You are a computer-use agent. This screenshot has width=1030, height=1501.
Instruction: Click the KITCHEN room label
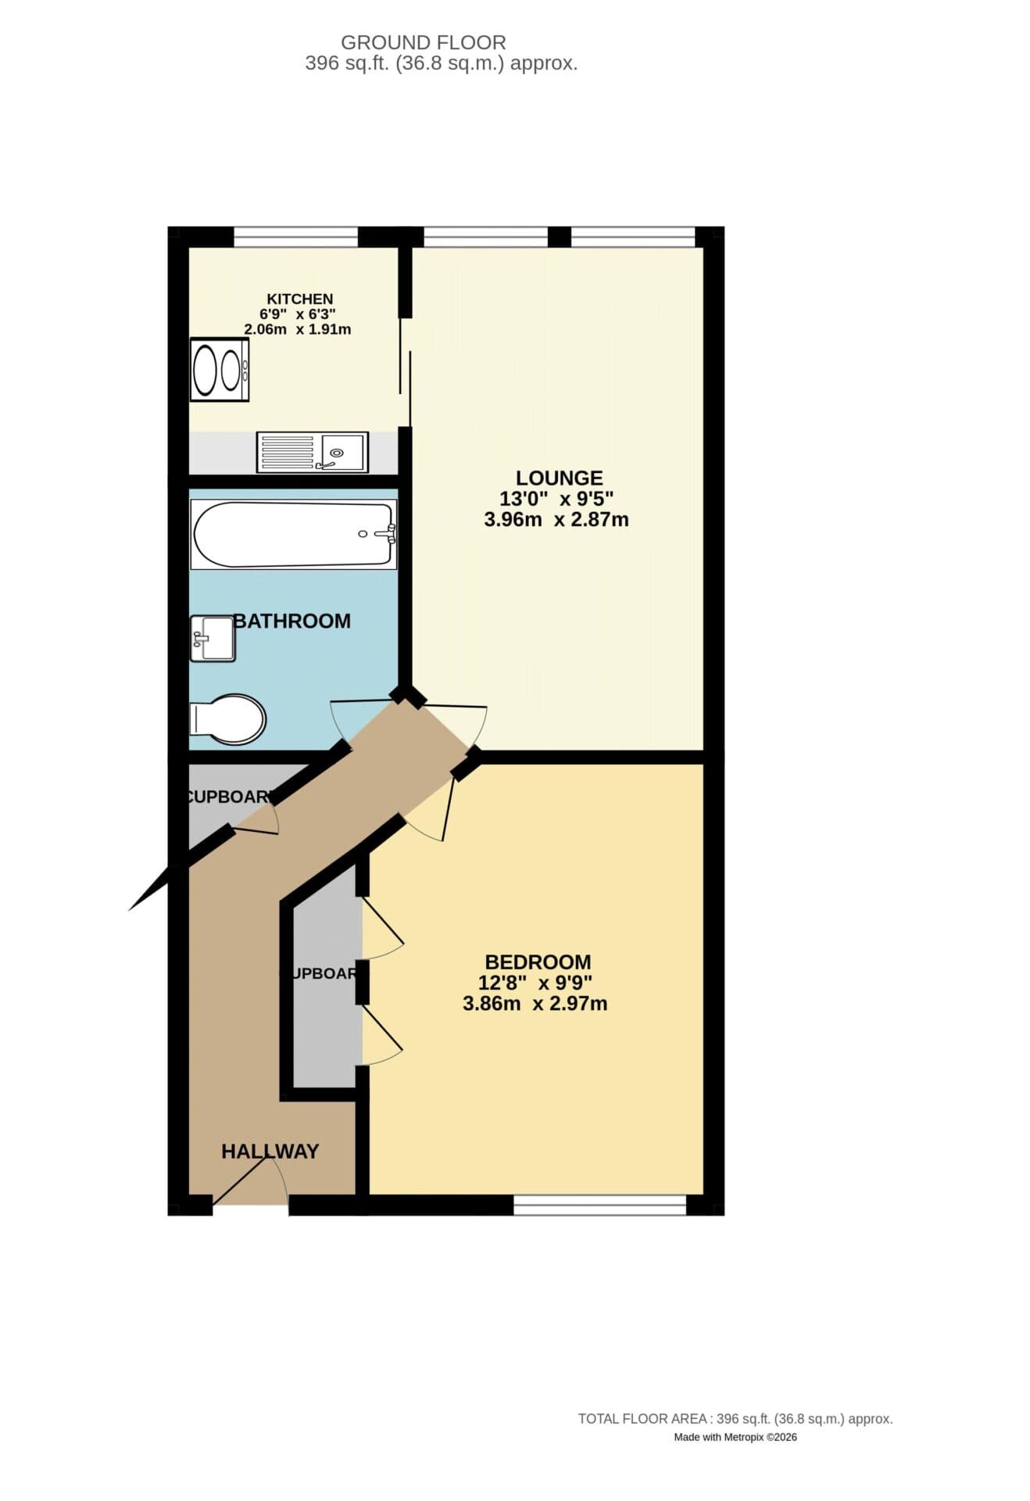(299, 299)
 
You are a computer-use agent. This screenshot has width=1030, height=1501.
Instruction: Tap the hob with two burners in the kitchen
(220, 370)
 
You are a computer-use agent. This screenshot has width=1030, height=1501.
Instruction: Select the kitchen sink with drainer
(312, 453)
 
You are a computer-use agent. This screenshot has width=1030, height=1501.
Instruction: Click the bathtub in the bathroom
(293, 535)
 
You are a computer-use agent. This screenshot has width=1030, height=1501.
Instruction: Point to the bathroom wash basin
(212, 638)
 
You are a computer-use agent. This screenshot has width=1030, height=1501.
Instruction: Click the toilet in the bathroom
(227, 718)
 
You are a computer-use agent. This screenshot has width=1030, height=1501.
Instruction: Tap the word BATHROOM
(292, 621)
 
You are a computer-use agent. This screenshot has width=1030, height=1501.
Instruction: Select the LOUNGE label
(559, 478)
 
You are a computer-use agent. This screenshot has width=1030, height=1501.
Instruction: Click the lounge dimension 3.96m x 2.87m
(556, 519)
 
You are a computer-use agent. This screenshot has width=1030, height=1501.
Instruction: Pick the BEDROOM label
(538, 962)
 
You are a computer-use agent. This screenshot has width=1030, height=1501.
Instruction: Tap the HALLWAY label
(270, 1151)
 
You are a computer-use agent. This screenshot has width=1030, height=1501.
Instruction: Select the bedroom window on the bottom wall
(599, 1205)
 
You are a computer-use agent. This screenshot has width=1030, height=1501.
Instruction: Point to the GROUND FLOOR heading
(423, 42)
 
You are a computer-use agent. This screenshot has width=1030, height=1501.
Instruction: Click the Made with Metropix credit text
(735, 1437)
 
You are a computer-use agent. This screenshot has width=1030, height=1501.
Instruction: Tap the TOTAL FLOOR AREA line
(735, 1418)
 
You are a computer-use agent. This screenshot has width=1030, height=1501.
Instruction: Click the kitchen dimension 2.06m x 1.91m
(298, 329)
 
